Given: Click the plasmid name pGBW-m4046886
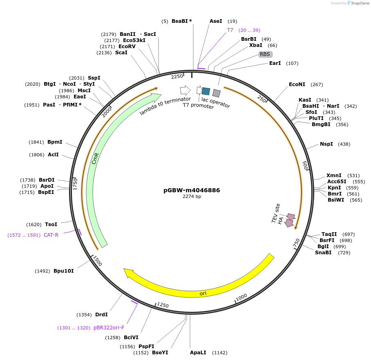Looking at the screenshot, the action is [192, 190].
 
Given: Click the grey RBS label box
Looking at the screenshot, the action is [266, 54].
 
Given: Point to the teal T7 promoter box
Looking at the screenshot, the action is [206, 91].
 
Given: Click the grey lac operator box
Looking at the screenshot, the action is [217, 93].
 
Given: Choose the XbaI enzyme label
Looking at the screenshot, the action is [255, 45].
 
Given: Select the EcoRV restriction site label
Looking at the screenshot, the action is [127, 47].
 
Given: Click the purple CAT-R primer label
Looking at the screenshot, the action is [51, 235].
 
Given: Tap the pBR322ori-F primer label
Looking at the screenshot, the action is [109, 328].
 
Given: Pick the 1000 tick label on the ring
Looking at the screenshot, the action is [241, 297].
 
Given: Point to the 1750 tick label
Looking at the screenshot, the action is [75, 184].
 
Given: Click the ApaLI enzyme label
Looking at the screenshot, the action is [198, 352].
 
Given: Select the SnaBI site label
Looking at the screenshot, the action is [323, 253].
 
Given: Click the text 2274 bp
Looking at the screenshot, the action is [192, 196].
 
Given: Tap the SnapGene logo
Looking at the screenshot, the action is [358, 3].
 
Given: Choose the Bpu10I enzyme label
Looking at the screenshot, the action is [64, 271].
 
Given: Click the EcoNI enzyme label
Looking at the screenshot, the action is [297, 84].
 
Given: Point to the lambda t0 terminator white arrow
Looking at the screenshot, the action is [185, 90].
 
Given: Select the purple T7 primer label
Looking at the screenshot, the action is [230, 30].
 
